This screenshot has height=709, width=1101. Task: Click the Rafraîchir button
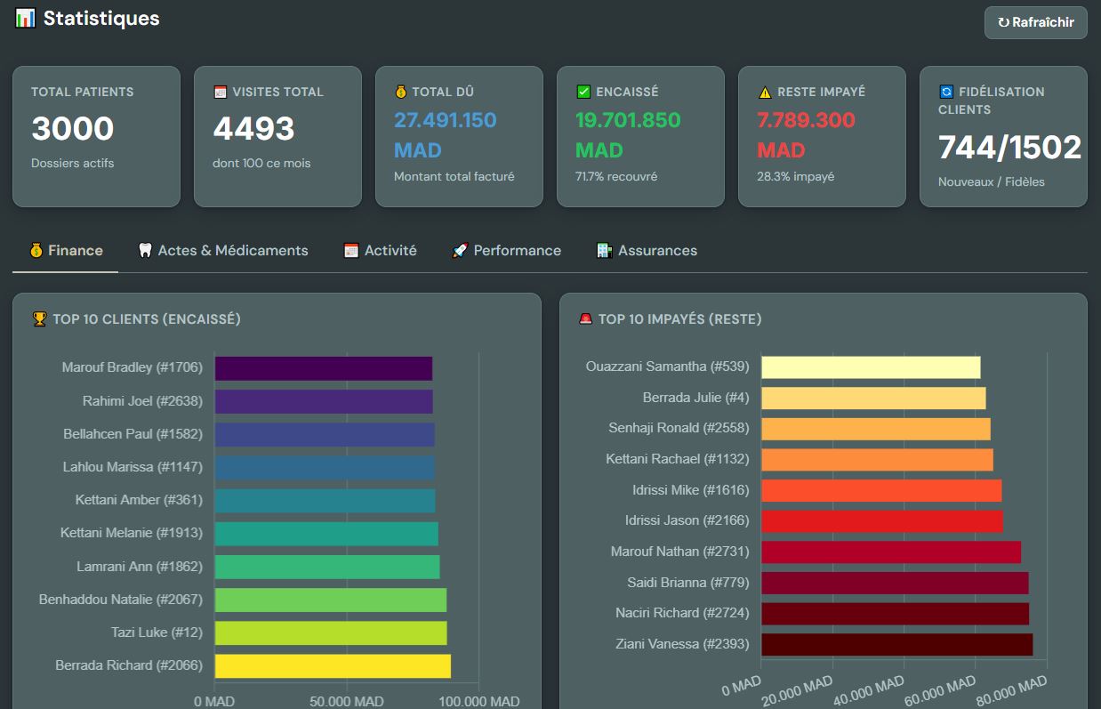(1035, 22)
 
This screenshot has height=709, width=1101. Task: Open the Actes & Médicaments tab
(223, 250)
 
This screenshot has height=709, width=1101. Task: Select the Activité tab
(380, 250)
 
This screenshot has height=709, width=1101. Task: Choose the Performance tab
(506, 250)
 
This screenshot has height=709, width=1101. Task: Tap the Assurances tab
(647, 250)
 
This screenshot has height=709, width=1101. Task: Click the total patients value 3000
(73, 128)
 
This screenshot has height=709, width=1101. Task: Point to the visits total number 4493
(253, 128)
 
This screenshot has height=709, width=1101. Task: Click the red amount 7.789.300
(806, 120)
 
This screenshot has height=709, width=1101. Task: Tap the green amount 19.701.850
(628, 120)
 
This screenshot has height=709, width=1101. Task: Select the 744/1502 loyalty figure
(1009, 147)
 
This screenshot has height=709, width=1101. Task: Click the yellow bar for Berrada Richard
(333, 665)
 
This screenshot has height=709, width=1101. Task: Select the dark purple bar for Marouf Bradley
(324, 368)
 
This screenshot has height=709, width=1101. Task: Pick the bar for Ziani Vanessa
(897, 644)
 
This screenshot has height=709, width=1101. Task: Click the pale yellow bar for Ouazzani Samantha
(871, 367)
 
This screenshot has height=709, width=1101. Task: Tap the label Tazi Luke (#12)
(157, 632)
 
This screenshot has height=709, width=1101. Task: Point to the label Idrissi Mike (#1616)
(691, 490)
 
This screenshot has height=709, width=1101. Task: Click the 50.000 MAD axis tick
(347, 701)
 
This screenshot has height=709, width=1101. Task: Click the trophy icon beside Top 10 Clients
(39, 319)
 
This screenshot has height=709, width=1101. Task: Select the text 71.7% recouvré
(616, 176)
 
